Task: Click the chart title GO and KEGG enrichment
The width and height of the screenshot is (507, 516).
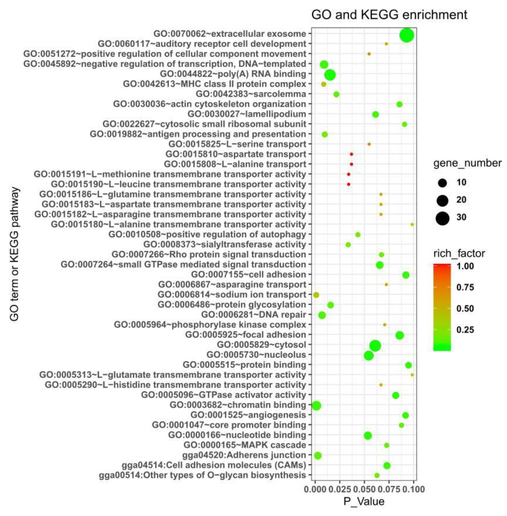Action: point(389,15)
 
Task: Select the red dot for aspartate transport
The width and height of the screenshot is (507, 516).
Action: point(351,154)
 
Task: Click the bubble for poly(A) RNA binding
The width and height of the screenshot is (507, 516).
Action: point(330,75)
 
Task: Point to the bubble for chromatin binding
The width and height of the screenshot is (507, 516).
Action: point(316,406)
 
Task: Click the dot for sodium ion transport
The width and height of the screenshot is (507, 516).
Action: point(316,295)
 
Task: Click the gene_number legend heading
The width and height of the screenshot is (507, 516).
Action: point(467,163)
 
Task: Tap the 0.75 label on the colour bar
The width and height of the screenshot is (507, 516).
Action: point(465,288)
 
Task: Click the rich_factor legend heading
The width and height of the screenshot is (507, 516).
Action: point(459,253)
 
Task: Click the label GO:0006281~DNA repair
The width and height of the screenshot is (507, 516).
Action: point(254,315)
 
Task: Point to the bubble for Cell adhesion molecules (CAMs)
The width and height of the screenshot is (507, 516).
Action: point(387,466)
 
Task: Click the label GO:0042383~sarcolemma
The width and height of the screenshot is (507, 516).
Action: point(251,94)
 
